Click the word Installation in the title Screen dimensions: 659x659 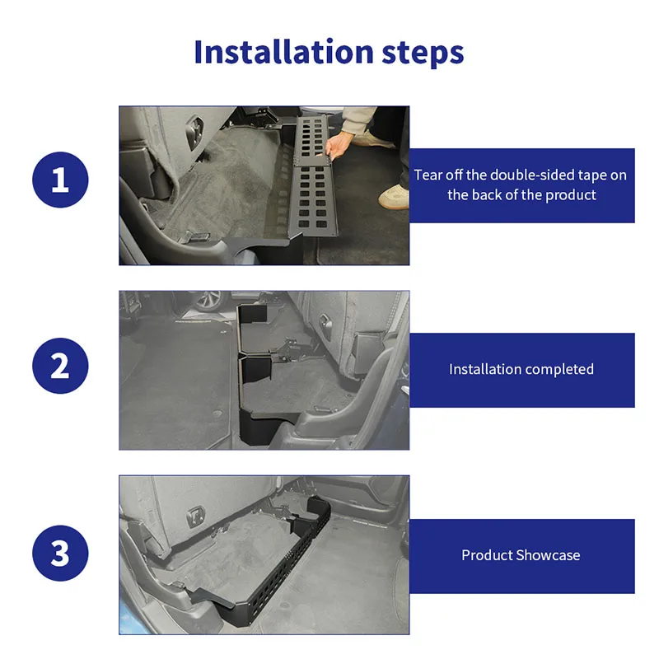coord(283,52)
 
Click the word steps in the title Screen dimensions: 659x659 coord(423,54)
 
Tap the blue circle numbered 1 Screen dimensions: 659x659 coord(60,180)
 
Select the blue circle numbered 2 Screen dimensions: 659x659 coord(60,366)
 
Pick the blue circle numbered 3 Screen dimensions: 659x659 coord(60,553)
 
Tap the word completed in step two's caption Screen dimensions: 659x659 coord(559,369)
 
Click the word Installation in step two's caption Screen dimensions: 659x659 coord(484,369)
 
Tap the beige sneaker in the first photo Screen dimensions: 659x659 coord(394,197)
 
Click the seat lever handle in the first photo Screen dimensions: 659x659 coord(194,131)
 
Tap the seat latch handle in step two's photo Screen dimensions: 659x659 coord(325,325)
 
